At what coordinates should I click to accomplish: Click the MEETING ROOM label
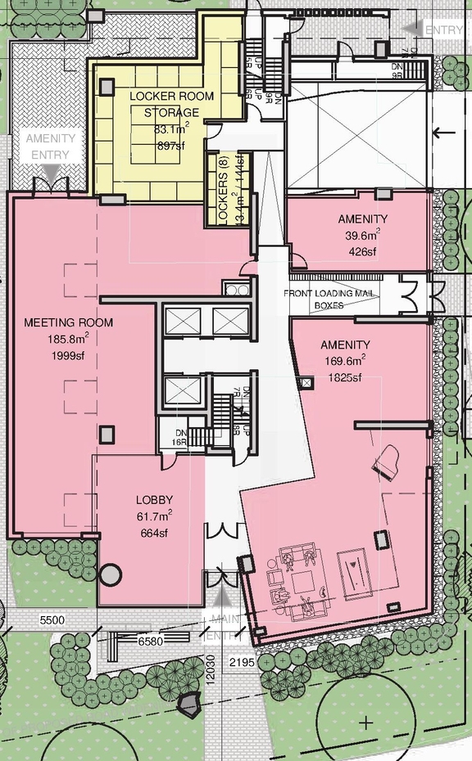[x=68, y=322]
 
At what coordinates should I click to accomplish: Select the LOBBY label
[x=154, y=500]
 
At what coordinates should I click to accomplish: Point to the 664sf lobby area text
[x=154, y=534]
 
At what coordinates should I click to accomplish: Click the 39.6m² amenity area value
[x=362, y=235]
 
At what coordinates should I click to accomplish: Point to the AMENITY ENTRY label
[x=50, y=146]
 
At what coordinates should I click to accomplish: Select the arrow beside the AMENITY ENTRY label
[x=50, y=171]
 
